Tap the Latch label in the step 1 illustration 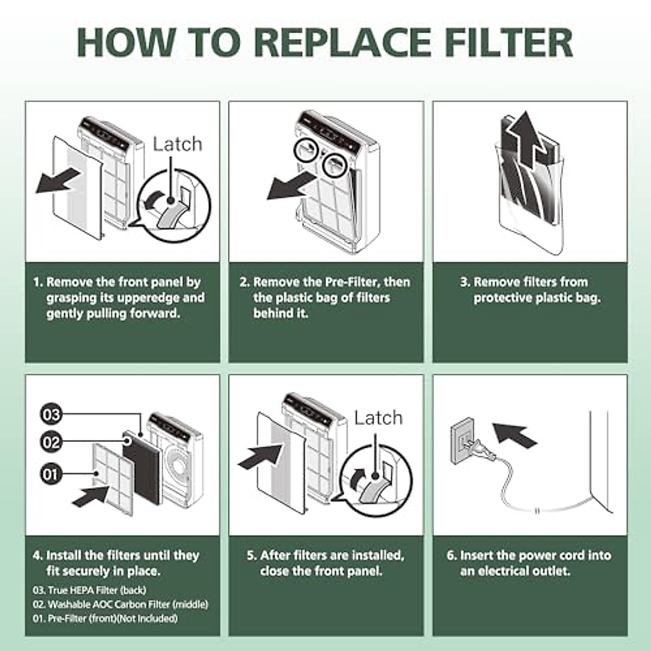pos(177,144)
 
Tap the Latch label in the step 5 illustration pos(378,418)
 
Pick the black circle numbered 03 pos(52,416)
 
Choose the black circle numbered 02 pos(52,443)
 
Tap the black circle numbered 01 pos(52,475)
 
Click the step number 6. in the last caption pos(452,556)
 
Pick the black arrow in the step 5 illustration pos(261,457)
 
